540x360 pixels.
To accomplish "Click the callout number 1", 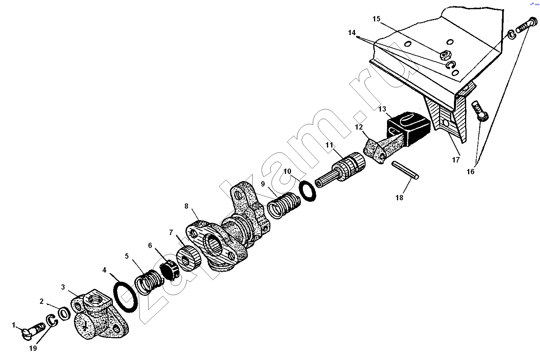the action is point(14,325).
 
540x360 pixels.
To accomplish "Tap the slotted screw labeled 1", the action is point(34,330).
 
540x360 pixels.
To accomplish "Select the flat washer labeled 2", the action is point(65,313).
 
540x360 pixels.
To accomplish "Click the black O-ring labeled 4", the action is point(125,297).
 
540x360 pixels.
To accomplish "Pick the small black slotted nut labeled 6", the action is point(170,270).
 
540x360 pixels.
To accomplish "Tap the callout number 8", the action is point(186,206).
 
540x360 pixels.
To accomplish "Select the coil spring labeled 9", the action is point(284,205).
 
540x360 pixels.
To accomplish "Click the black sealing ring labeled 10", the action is point(307,191).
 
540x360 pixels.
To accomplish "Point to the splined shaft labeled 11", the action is point(340,170).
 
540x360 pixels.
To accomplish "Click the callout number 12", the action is point(359,127).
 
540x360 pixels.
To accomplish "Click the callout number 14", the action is point(352,32).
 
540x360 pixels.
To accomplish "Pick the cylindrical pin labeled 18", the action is point(405,170).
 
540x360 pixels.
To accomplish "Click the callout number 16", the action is point(470,172).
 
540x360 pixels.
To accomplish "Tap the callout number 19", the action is point(33,348).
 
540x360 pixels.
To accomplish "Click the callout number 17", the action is point(455,159).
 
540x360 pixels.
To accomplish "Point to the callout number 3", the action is point(63,287).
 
